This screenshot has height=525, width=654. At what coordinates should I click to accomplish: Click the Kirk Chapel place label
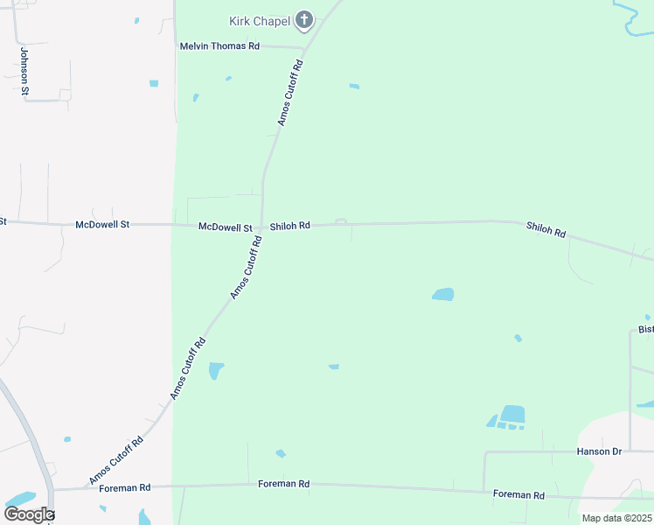point(260,20)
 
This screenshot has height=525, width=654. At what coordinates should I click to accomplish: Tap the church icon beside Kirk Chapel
point(304,19)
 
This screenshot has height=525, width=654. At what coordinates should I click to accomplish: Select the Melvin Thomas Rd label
point(219,46)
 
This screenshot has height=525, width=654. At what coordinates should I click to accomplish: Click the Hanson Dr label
point(598,451)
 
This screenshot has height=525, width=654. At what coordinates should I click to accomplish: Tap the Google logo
point(29,514)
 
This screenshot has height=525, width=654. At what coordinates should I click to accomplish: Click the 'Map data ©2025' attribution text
point(616,518)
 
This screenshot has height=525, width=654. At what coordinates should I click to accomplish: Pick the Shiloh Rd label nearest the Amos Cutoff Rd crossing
point(289,226)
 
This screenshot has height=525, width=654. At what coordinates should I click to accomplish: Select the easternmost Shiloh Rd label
point(546,231)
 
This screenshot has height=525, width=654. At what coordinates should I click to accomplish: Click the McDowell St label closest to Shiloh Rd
point(225,227)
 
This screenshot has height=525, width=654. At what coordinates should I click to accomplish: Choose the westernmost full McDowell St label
point(102,225)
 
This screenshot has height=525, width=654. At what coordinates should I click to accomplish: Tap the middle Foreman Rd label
point(284,484)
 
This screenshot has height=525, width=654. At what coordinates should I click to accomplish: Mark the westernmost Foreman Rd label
point(124,486)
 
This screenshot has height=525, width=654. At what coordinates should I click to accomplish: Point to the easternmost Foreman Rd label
point(518,494)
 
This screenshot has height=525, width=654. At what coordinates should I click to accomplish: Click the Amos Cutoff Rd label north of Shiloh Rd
point(290,93)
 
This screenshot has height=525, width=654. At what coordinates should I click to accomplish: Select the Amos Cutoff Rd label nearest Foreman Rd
point(115,459)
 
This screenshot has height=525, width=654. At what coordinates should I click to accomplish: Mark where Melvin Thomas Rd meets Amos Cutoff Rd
point(303,47)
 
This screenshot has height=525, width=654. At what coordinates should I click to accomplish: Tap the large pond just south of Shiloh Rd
point(443,295)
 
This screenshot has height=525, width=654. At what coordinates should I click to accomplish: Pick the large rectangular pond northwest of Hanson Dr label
point(512,414)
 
